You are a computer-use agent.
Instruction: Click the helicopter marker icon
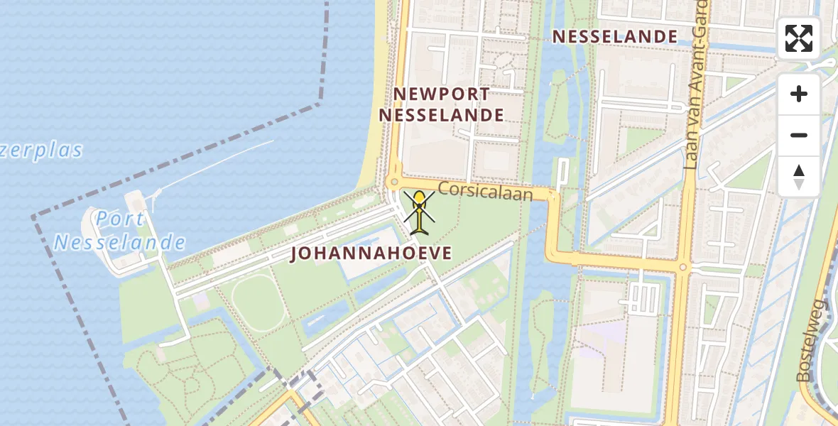[420, 212]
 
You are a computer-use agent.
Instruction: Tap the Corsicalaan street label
[485, 191]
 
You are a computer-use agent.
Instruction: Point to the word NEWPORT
[442, 94]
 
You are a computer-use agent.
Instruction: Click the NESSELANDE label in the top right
[615, 36]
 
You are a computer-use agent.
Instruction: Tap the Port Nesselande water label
[120, 231]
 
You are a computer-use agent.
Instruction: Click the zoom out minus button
[799, 135]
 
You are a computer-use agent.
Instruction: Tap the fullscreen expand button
[799, 38]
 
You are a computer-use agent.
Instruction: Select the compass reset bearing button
[799, 177]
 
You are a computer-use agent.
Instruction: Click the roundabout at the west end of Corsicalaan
[393, 182]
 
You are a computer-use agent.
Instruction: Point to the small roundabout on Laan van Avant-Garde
[683, 268]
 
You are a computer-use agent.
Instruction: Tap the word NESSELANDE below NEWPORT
[442, 115]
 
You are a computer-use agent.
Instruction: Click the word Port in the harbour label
[121, 219]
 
